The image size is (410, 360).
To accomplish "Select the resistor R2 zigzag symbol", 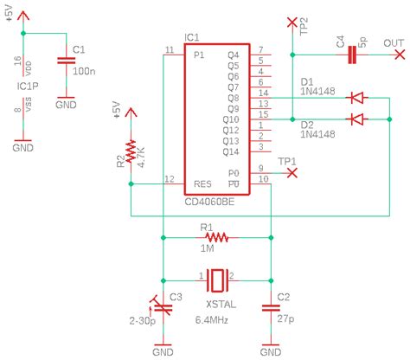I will point(130,154).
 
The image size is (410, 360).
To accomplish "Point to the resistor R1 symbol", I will point(217,236).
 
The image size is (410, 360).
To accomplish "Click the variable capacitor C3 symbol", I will point(161,303).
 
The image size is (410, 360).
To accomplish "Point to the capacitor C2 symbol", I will point(272,305).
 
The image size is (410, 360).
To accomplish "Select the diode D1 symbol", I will point(354,97).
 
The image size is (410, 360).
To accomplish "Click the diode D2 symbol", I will point(354,119).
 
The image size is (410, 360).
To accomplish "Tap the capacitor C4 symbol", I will point(351,55).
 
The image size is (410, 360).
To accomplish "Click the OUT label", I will point(394,43).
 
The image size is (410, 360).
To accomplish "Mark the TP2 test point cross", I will point(292,19).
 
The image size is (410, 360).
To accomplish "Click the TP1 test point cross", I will point(292,172).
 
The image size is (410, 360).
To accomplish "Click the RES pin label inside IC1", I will point(202,183).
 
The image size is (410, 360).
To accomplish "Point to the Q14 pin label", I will point(231,151).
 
